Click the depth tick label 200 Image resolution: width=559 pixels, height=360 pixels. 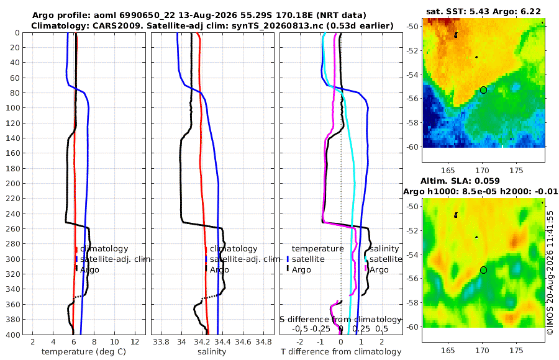click(12, 183)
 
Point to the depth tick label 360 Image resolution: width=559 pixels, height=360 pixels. click(12, 304)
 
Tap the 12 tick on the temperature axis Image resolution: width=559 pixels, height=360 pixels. click(135, 342)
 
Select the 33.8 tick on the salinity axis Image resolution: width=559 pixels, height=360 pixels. click(161, 342)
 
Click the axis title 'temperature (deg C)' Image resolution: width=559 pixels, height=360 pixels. click(84, 352)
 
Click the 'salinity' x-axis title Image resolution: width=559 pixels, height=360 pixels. click(212, 352)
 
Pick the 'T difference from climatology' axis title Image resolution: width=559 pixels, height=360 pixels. click(341, 352)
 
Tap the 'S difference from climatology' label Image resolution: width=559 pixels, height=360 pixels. click(341, 319)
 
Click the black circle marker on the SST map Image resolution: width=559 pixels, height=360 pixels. click(483, 90)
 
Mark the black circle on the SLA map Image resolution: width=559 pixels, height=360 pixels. click(483, 270)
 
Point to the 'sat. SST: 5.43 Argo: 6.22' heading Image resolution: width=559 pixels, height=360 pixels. click(483, 12)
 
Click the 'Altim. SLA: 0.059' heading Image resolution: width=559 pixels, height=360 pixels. click(460, 181)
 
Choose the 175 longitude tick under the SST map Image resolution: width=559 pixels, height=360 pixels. click(517, 171)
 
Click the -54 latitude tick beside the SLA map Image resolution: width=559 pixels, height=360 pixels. click(412, 254)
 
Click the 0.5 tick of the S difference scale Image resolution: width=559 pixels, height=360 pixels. click(381, 328)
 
